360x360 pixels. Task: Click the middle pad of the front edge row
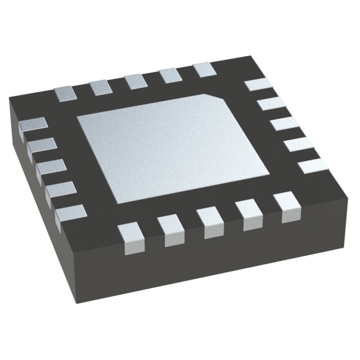tap(209, 221)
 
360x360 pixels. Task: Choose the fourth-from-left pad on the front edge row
tap(248, 214)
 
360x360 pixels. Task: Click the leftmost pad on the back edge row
tap(65, 93)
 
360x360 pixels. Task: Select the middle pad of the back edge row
tap(136, 81)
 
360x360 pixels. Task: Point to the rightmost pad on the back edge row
tap(204, 70)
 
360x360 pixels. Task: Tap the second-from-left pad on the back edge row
tap(101, 87)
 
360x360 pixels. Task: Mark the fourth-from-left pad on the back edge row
tap(170, 75)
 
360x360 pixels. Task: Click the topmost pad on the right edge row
tap(258, 85)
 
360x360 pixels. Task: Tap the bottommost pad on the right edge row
tap(312, 165)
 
